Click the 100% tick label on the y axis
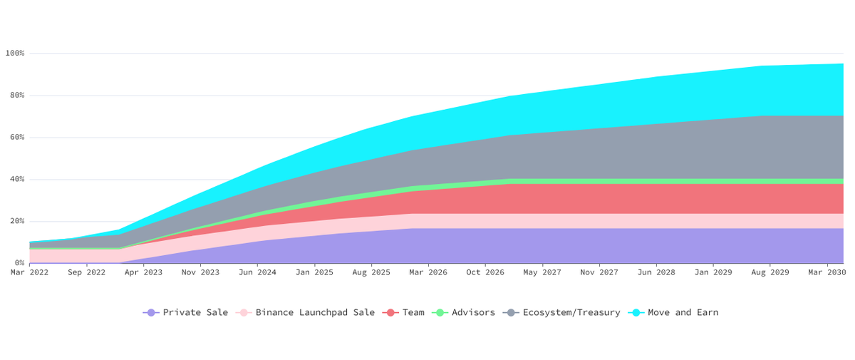pyautogui.click(x=14, y=53)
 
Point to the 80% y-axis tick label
pyautogui.click(x=16, y=96)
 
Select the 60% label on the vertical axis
pyautogui.click(x=16, y=138)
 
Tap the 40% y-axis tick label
pyautogui.click(x=16, y=180)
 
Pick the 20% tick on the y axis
pyautogui.click(x=16, y=222)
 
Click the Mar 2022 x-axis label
pyautogui.click(x=29, y=272)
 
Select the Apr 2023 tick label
pyautogui.click(x=143, y=272)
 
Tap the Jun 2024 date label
pyautogui.click(x=257, y=272)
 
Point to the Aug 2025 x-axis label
pyautogui.click(x=371, y=272)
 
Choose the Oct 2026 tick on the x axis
pyautogui.click(x=485, y=272)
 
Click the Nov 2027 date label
pyautogui.click(x=599, y=272)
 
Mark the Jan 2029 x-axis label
pyautogui.click(x=713, y=272)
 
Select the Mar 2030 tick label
pyautogui.click(x=827, y=272)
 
